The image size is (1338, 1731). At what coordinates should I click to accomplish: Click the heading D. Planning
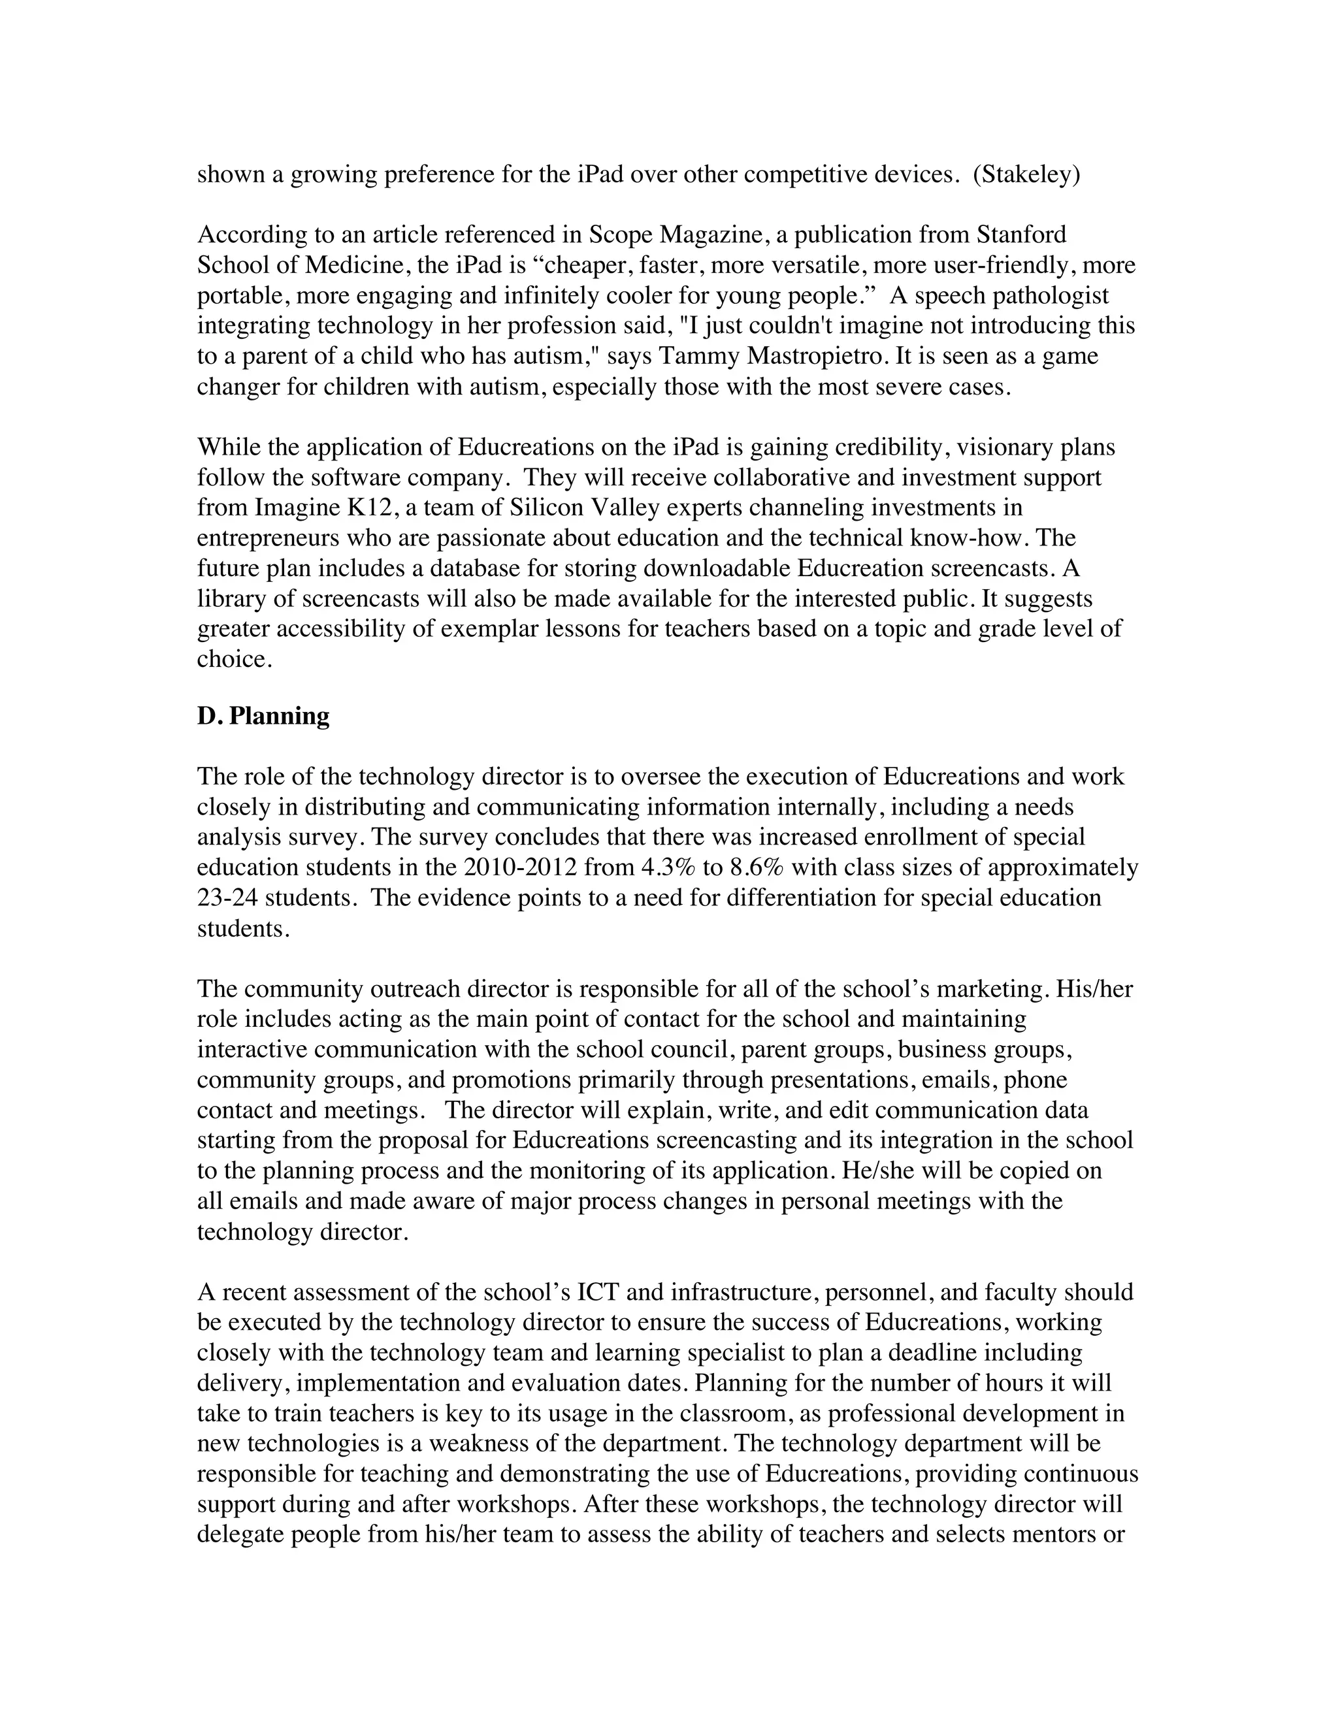pos(263,717)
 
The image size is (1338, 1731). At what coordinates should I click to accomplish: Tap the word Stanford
pos(1021,235)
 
